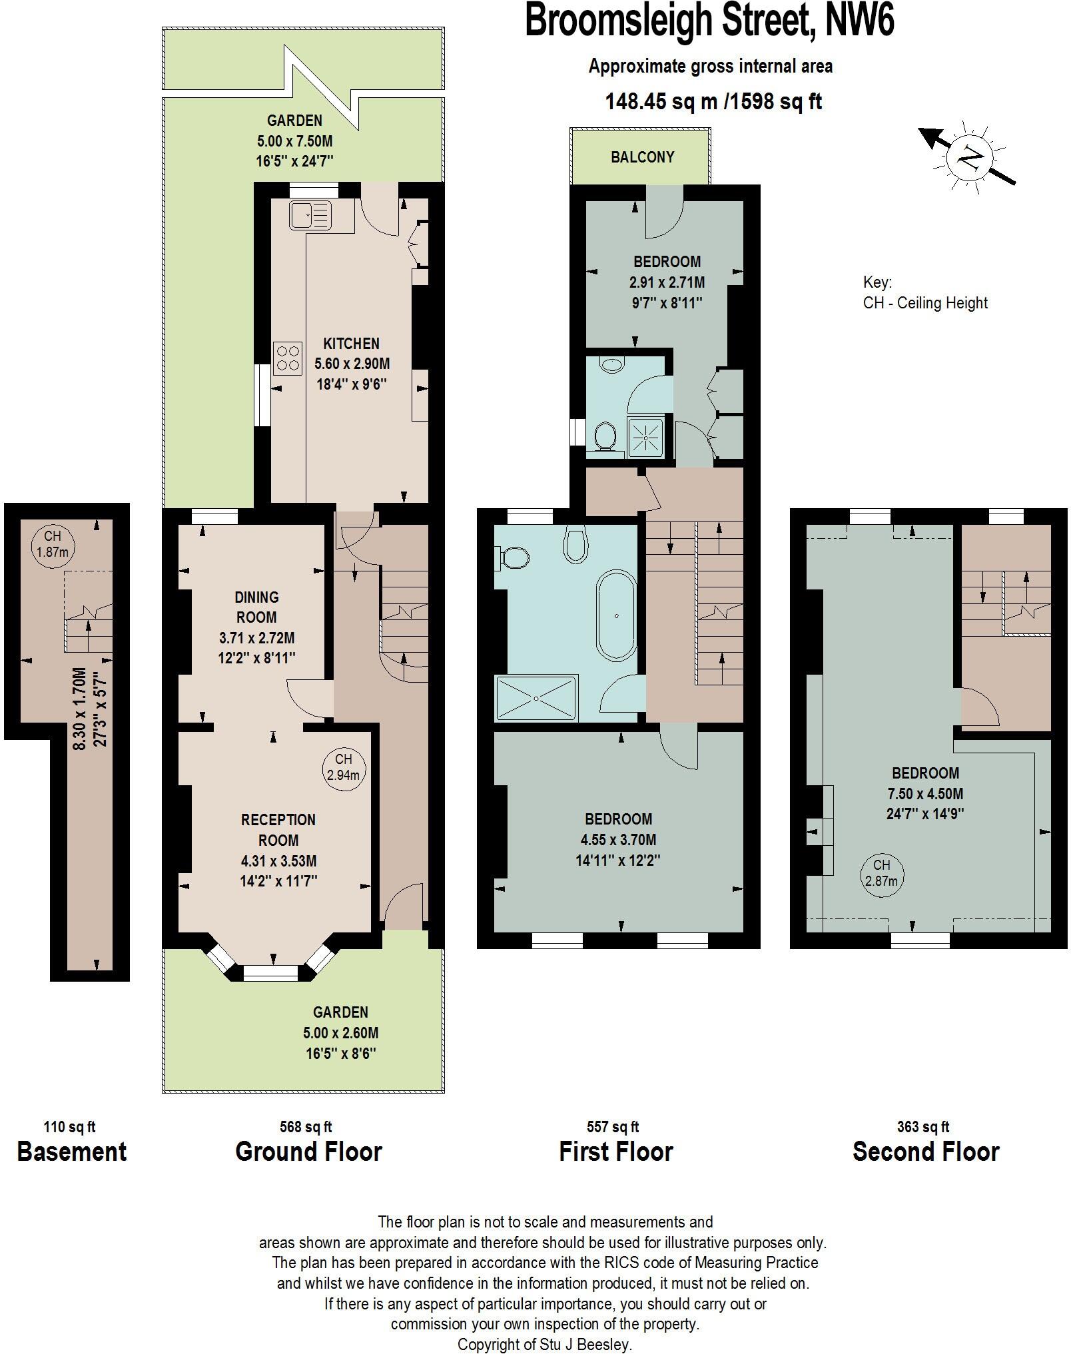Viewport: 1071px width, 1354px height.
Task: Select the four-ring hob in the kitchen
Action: [288, 358]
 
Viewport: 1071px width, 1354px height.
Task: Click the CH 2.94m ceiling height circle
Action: [343, 767]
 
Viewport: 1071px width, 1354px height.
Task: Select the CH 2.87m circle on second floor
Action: [881, 872]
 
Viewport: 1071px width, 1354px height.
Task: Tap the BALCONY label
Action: [643, 157]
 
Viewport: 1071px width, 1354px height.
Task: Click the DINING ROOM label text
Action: [256, 607]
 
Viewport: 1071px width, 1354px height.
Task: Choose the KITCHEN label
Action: [351, 344]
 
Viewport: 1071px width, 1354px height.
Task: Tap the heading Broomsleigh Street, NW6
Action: [709, 20]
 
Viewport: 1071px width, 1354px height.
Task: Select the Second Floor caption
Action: [926, 1152]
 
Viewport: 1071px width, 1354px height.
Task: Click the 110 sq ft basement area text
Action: [69, 1127]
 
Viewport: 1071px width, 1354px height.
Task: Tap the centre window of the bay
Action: [271, 973]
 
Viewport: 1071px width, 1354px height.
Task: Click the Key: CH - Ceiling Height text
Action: [924, 293]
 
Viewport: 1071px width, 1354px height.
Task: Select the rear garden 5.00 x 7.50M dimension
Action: [294, 141]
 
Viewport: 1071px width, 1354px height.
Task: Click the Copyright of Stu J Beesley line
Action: [544, 1344]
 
